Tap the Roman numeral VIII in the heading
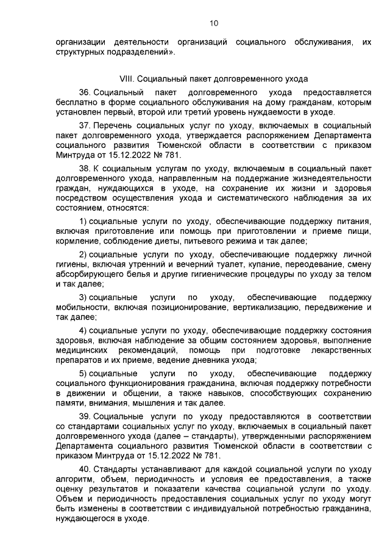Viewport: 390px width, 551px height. coord(126,79)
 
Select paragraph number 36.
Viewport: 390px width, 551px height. coord(86,92)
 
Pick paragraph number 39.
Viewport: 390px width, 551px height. coord(86,416)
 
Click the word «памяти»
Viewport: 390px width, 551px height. coord(68,404)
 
